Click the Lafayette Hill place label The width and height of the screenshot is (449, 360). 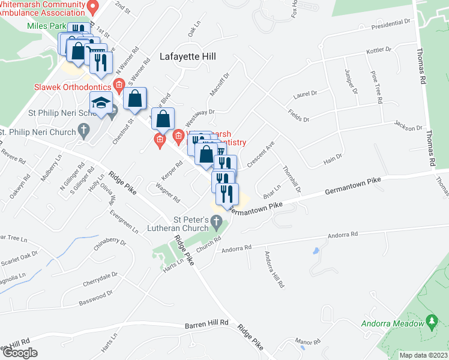pyautogui.click(x=187, y=57)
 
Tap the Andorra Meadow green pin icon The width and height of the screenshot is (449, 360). pyautogui.click(x=430, y=322)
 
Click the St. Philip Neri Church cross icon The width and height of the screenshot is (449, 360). pyautogui.click(x=83, y=130)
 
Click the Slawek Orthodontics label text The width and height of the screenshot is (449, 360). pyautogui.click(x=71, y=86)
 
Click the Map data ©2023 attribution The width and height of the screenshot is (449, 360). pyautogui.click(x=423, y=355)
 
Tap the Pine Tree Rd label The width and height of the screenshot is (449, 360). pyautogui.click(x=376, y=87)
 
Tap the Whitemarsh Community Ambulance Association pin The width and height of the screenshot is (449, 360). pyautogui.click(x=92, y=8)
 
